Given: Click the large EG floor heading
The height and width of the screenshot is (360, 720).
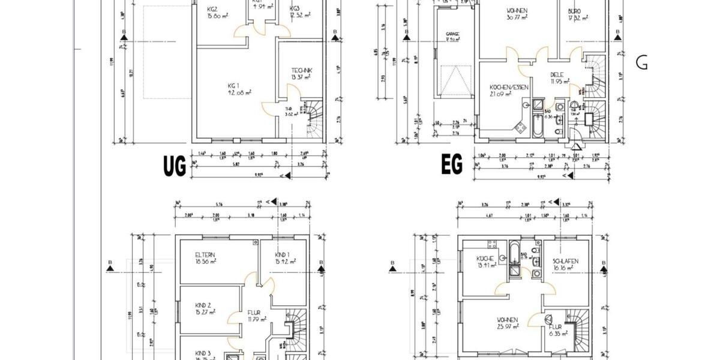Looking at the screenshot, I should [x=452, y=166].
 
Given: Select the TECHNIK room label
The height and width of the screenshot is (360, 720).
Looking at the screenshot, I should [x=302, y=70].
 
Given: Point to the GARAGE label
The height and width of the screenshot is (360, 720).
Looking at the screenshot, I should [x=452, y=34].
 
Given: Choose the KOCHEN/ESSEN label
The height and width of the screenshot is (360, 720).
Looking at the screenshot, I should [x=509, y=88].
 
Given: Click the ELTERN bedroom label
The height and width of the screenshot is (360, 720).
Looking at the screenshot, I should [x=205, y=254].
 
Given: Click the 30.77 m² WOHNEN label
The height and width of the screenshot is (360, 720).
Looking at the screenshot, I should [x=517, y=11].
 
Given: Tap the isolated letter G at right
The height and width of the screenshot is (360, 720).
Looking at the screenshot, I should [x=641, y=62].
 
